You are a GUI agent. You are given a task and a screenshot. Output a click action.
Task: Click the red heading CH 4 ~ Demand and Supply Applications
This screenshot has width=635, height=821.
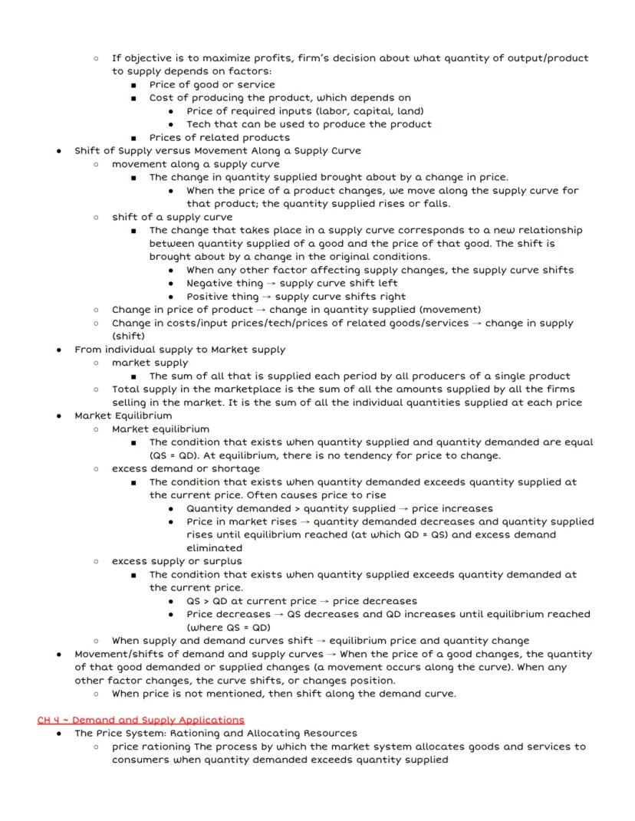[140, 720]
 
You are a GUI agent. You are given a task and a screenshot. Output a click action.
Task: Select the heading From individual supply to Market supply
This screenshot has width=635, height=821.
[179, 350]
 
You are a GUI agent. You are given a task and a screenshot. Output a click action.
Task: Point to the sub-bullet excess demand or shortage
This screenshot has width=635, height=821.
[186, 468]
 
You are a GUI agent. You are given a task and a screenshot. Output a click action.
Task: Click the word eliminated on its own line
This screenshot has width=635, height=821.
[214, 548]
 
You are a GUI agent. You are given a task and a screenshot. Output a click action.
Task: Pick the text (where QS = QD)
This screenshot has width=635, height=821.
[229, 627]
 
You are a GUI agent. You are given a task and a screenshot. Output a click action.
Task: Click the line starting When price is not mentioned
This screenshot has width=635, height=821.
[284, 694]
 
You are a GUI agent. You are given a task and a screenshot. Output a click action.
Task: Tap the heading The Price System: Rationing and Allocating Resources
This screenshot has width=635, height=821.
[216, 733]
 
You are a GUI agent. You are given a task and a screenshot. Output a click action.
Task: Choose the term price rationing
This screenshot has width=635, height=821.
[151, 746]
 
